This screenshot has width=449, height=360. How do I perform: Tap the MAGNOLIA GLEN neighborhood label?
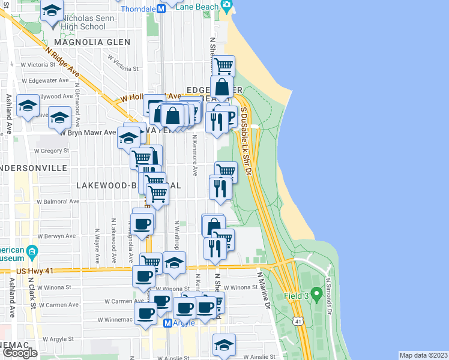pos(91,42)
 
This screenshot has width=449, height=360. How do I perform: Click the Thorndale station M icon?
pos(161,9)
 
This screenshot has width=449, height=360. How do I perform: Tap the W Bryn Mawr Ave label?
pos(88,133)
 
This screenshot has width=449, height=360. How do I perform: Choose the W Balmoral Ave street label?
pos(58,202)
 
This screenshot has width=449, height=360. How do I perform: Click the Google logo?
pos(19,352)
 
